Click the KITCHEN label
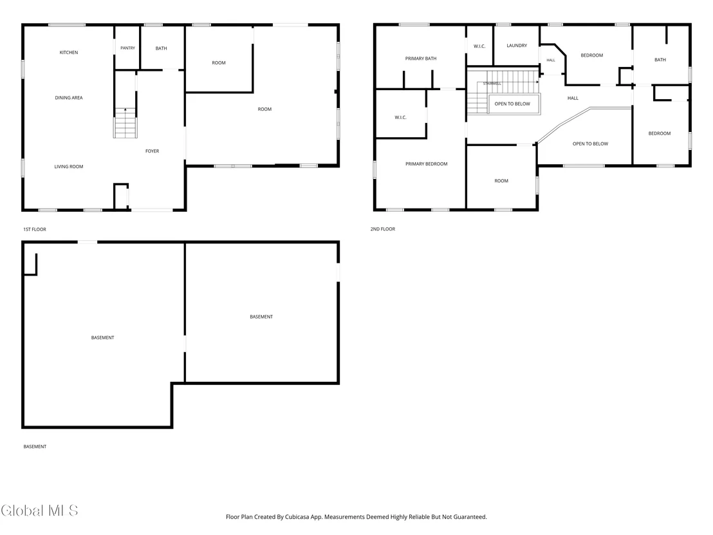69,53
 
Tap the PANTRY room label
128,48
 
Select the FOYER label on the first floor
153,151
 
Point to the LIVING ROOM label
69,167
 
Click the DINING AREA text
69,98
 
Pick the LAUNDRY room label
517,46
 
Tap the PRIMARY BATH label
421,59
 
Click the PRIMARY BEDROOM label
427,164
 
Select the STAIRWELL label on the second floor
492,84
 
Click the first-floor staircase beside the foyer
125,123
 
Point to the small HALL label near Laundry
551,60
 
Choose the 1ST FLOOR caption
35,229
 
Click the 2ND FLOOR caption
383,229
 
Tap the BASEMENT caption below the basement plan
35,447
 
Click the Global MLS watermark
39,511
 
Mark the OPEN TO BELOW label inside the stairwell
512,104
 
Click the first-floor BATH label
162,48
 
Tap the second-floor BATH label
660,60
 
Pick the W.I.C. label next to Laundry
479,46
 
